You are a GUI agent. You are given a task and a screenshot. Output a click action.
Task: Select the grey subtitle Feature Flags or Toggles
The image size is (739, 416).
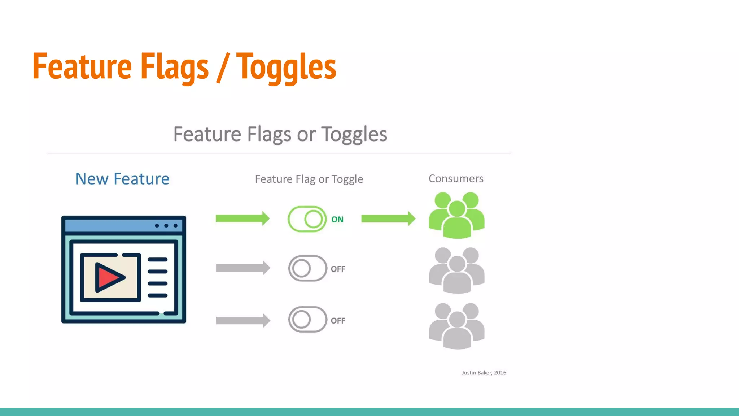click(280, 134)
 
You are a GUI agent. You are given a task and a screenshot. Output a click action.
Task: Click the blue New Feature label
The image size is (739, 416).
click(122, 179)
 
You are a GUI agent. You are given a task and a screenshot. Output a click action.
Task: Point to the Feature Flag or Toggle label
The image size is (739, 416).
click(309, 179)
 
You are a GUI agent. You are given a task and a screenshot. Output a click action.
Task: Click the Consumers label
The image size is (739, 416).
click(456, 178)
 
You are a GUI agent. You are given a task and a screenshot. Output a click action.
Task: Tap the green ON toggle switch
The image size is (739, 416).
click(307, 219)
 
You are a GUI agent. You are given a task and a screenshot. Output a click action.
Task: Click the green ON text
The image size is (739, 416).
click(337, 220)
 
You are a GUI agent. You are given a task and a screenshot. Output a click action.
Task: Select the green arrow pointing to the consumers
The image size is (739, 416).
click(388, 218)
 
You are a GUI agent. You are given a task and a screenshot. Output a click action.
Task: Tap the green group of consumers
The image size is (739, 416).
click(456, 216)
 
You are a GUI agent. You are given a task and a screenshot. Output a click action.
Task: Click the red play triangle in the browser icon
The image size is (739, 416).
click(109, 277)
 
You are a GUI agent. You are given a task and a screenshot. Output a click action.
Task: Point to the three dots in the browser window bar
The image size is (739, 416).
click(166, 226)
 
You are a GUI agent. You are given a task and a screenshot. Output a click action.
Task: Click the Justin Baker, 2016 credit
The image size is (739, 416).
click(484, 373)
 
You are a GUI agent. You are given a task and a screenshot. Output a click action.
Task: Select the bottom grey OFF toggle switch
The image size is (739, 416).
click(307, 320)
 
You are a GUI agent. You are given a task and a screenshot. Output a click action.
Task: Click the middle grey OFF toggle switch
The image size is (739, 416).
click(307, 268)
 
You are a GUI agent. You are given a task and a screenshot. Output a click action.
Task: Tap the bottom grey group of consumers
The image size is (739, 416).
click(456, 326)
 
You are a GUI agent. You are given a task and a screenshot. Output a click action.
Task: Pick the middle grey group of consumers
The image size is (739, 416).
click(456, 270)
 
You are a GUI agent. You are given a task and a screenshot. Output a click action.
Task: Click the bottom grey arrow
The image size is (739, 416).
click(243, 320)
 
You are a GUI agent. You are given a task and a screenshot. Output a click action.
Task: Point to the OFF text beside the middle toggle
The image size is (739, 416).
click(338, 269)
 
